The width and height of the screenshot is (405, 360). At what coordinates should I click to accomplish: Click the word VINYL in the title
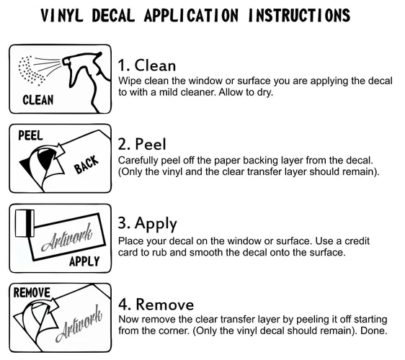(62, 15)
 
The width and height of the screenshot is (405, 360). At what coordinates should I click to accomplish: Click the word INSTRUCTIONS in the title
(299, 15)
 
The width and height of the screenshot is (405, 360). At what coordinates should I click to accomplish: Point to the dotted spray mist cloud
(31, 70)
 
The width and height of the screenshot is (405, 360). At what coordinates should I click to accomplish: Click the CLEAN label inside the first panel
(38, 100)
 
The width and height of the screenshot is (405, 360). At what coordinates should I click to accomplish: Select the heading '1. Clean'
(147, 65)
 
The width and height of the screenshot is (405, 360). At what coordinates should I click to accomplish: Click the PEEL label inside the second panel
(30, 135)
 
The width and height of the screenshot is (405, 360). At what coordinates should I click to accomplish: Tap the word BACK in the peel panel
(86, 164)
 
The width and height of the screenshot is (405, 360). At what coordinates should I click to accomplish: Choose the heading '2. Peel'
(142, 144)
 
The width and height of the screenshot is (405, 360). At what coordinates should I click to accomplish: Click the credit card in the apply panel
(25, 223)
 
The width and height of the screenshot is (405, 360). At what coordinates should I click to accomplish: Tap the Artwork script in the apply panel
(66, 238)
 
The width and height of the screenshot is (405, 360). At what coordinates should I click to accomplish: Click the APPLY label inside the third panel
(84, 261)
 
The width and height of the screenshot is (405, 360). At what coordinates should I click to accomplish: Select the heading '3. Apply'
(148, 223)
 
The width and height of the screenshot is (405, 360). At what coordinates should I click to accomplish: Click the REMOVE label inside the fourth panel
(32, 292)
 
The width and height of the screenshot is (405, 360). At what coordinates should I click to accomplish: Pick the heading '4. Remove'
(156, 305)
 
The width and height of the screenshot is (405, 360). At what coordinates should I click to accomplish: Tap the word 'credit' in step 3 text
(357, 240)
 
